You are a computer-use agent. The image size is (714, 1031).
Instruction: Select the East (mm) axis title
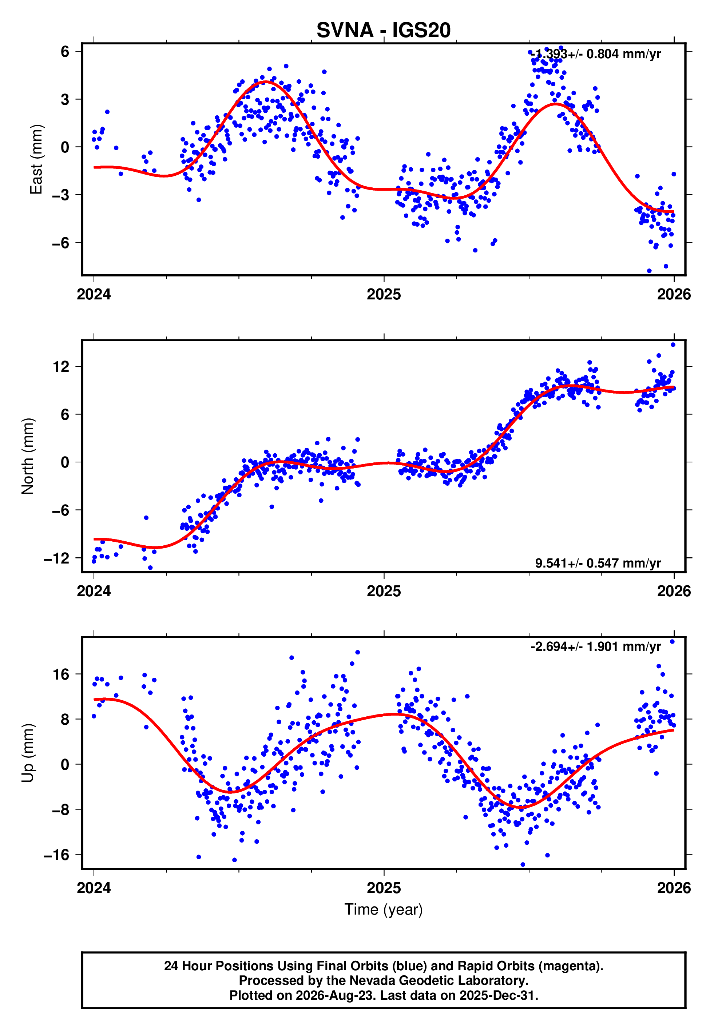point(36,159)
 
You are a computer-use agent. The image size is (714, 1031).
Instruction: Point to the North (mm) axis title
point(28,456)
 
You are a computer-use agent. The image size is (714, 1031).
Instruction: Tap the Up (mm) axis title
point(28,753)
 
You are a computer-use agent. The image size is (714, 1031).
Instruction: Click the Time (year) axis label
point(384,910)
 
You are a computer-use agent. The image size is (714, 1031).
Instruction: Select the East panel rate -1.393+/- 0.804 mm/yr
point(595,54)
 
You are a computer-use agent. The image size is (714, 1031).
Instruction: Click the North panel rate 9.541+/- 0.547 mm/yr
point(598,563)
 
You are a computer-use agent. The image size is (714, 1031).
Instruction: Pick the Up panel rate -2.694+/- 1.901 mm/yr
point(595,646)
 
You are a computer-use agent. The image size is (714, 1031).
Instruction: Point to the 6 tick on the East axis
point(65,51)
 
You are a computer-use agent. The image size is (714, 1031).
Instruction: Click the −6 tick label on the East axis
point(61,243)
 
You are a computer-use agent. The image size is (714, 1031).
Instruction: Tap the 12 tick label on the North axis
point(61,367)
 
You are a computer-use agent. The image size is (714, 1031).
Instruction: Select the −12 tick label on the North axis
point(57,558)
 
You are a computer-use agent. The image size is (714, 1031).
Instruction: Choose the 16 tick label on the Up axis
point(61,674)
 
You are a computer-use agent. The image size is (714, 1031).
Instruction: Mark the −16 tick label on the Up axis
point(57,855)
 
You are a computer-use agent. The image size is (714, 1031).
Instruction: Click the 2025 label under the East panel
point(384,294)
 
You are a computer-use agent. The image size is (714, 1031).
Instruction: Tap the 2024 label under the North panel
point(94,591)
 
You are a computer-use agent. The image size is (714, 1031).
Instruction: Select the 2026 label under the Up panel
point(674,888)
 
